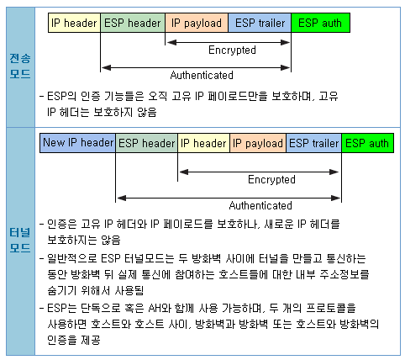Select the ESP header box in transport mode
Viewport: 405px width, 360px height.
coord(133,23)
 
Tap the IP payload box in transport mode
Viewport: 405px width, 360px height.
coord(196,23)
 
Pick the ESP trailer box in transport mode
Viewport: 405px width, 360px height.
coord(259,23)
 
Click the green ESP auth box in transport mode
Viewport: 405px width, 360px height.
coord(319,23)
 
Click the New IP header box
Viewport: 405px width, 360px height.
coord(77,143)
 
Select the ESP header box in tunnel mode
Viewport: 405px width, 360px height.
coord(146,143)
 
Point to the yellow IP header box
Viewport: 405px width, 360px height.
coord(203,143)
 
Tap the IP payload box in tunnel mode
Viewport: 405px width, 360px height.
coord(258,143)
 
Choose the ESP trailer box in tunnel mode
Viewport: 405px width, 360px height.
coord(313,143)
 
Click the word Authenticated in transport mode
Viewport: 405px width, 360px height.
coord(195,74)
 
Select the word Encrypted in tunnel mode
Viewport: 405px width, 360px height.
coord(271,180)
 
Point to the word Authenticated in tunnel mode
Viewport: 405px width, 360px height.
coord(260,205)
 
